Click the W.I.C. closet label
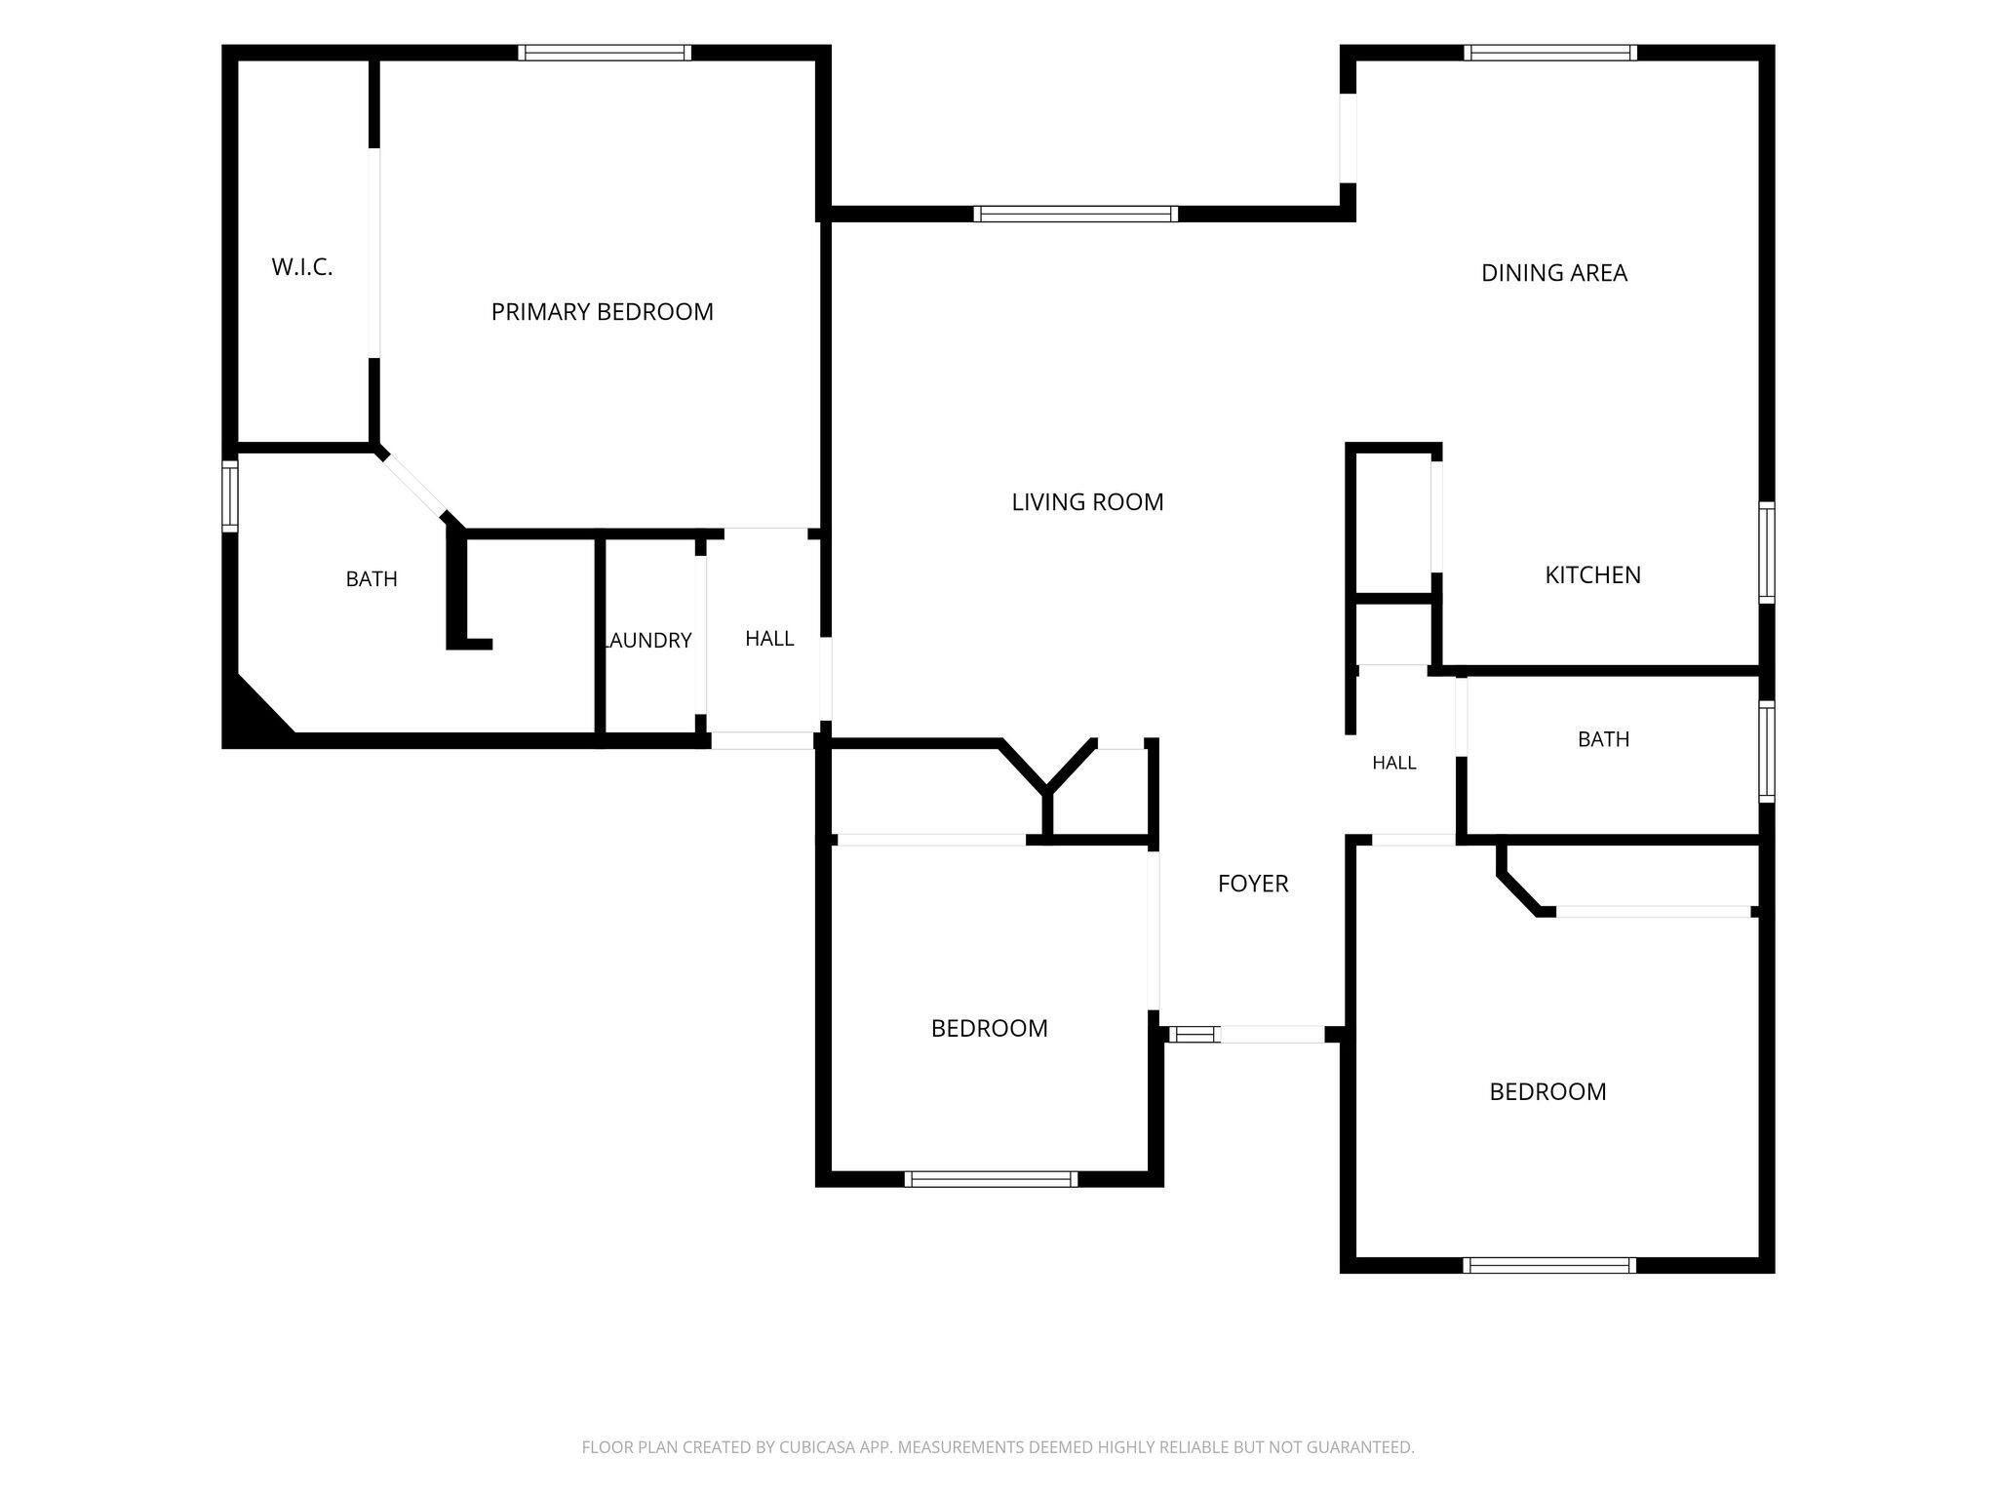pyautogui.click(x=302, y=267)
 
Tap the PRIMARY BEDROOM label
pyautogui.click(x=603, y=312)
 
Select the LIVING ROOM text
pyautogui.click(x=1087, y=502)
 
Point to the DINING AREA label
pyautogui.click(x=1554, y=273)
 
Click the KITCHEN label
pyautogui.click(x=1592, y=575)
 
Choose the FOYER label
pyautogui.click(x=1253, y=884)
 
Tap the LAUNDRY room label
pyautogui.click(x=648, y=641)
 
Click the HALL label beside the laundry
pyautogui.click(x=769, y=639)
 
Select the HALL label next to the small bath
pyautogui.click(x=1394, y=763)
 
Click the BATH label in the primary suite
pyautogui.click(x=372, y=579)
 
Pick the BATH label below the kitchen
pyautogui.click(x=1603, y=739)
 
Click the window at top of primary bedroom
pyautogui.click(x=605, y=53)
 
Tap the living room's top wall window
pyautogui.click(x=1076, y=214)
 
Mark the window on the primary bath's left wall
pyautogui.click(x=230, y=495)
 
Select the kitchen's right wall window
pyautogui.click(x=1766, y=552)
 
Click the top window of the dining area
pyautogui.click(x=1550, y=53)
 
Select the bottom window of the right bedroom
pyautogui.click(x=1550, y=1265)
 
